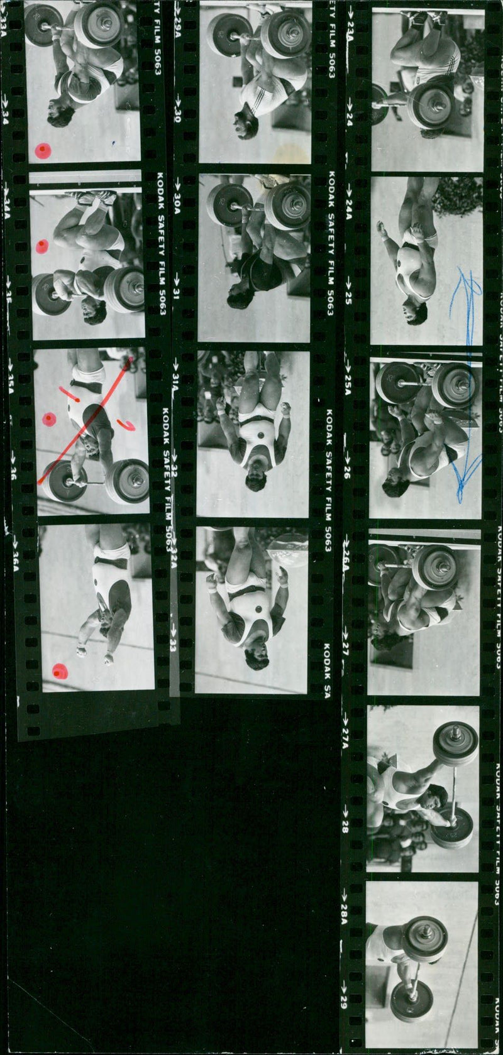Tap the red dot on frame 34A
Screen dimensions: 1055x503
[41, 246]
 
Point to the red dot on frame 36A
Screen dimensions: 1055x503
[60, 672]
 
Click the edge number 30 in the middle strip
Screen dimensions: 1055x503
[178, 117]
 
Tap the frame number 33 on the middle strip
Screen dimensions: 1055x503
[174, 645]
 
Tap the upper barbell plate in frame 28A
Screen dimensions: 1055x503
[424, 939]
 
